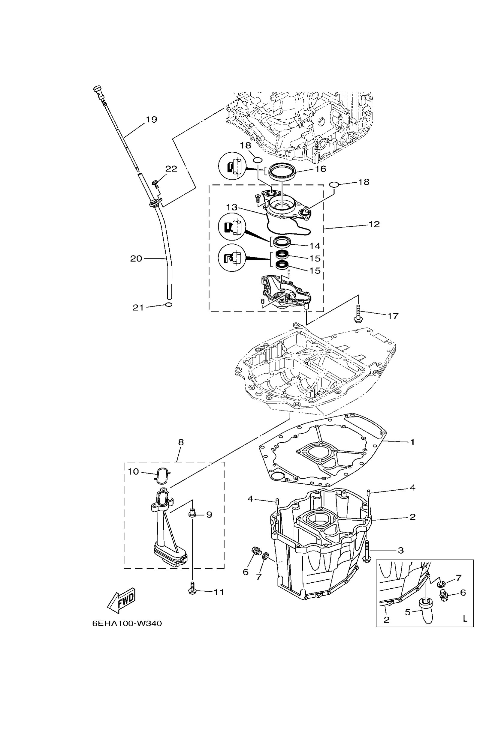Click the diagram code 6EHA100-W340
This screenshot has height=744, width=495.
(x=127, y=623)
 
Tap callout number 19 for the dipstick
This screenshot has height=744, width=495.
(x=151, y=120)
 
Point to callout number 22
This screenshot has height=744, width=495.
(x=171, y=169)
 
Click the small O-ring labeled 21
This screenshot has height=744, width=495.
(x=169, y=305)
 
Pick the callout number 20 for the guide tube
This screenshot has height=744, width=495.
(x=136, y=258)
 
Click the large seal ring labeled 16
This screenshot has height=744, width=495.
(x=282, y=171)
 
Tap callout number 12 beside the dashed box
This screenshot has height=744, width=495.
(x=374, y=224)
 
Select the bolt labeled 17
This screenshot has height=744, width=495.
(x=358, y=313)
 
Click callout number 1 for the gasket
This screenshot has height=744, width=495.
(x=412, y=442)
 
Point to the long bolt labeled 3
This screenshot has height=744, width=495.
(x=366, y=551)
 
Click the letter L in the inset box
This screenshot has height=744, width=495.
(x=465, y=618)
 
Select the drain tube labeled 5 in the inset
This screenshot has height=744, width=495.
(x=427, y=611)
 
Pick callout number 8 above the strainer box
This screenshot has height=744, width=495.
(x=181, y=442)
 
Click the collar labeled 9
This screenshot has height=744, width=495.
(x=192, y=514)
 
